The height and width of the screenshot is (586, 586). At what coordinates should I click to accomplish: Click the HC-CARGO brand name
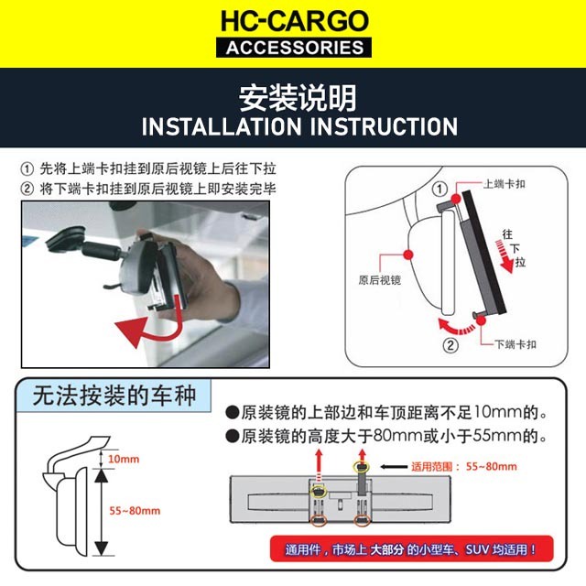[294, 21]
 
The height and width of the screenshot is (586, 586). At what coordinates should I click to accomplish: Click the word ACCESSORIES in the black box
[294, 48]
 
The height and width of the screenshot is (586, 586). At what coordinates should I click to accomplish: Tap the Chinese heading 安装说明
[298, 98]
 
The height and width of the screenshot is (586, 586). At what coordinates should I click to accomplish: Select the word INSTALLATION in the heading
[222, 126]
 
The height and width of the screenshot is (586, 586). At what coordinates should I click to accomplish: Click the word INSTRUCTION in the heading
[384, 126]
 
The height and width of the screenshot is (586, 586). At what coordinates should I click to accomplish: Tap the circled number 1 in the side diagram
[439, 190]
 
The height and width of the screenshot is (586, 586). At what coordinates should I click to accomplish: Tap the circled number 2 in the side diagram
[450, 345]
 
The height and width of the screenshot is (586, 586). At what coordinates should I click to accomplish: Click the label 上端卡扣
[505, 184]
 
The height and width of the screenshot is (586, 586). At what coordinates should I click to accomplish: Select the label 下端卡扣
[515, 344]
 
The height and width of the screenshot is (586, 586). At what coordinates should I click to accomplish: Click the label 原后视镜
[379, 280]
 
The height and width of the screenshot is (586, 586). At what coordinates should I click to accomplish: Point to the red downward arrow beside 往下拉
[505, 256]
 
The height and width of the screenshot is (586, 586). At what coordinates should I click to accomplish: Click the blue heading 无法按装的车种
[114, 396]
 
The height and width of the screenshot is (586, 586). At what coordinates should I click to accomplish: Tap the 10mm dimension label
[124, 459]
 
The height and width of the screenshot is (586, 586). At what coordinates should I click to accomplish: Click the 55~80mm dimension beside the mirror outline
[135, 511]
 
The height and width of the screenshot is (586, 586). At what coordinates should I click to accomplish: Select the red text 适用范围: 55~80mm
[464, 466]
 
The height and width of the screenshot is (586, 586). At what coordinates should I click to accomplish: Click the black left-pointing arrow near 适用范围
[394, 466]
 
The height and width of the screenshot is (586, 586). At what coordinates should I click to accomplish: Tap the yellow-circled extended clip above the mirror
[362, 467]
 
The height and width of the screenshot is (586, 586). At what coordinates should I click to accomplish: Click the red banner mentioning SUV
[411, 548]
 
